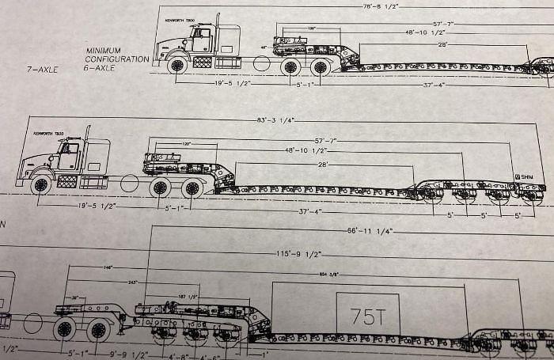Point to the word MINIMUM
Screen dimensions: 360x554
104,50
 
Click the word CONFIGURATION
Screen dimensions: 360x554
118,59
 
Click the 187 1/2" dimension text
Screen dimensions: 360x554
187,296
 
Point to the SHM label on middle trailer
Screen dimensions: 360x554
523,176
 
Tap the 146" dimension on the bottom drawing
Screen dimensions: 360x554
106,268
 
